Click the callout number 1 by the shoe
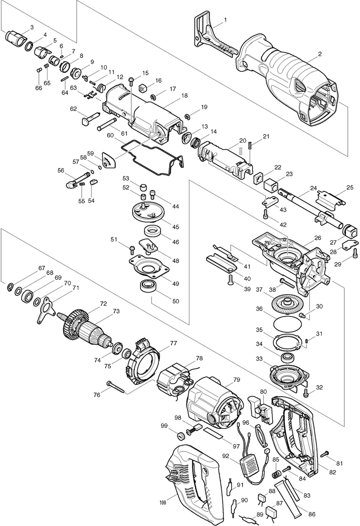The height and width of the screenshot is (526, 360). (x=225, y=20)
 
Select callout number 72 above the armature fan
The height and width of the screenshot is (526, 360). (x=103, y=303)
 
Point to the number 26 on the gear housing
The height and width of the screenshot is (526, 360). (x=318, y=238)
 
